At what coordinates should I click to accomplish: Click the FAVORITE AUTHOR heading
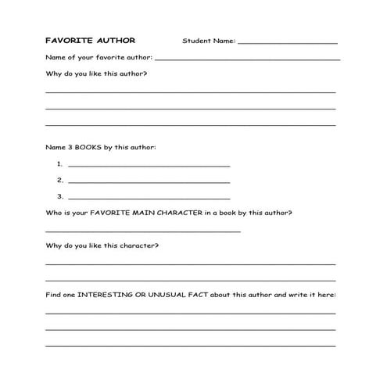(90, 40)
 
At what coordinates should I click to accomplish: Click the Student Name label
(208, 41)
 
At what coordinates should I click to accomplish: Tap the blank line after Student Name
(287, 43)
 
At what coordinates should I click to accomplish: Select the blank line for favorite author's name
(248, 59)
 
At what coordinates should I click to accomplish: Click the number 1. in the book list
(59, 164)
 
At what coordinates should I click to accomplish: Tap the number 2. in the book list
(59, 180)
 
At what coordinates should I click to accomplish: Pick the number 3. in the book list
(59, 196)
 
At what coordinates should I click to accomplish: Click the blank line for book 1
(149, 167)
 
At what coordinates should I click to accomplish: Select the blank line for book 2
(149, 182)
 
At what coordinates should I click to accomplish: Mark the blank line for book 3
(149, 199)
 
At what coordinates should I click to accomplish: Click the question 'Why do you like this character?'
(102, 245)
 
